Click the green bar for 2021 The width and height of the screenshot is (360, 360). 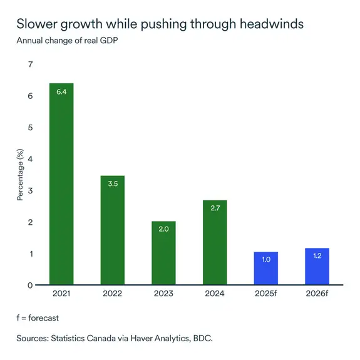61,185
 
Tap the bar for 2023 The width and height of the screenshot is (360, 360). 163,254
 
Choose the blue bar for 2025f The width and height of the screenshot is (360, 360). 265,269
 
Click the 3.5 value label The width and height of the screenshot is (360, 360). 113,184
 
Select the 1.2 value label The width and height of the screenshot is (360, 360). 317,256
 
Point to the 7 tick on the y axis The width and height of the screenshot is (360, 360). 30,64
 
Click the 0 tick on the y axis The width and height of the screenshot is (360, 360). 30,285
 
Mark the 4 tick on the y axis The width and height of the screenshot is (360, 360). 30,159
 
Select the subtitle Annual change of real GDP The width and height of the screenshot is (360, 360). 68,41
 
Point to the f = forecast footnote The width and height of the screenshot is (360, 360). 38,318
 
